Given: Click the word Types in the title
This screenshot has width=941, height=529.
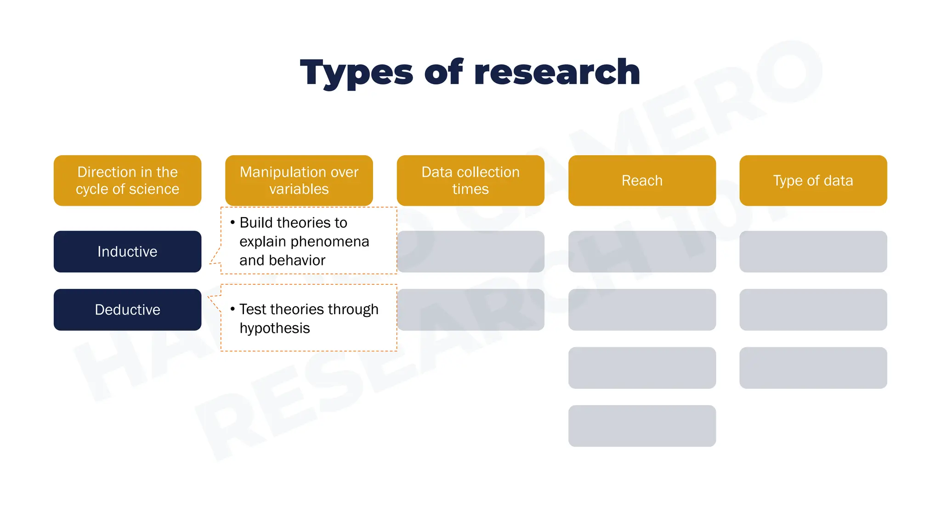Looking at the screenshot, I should coord(357,73).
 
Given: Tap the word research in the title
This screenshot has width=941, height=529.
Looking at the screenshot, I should coord(557,73).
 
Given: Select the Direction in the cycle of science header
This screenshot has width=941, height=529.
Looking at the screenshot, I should coord(127,180).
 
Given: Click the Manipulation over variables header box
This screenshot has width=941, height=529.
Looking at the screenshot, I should coord(299,180).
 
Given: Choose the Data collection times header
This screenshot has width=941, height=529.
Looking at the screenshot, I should coord(470,180).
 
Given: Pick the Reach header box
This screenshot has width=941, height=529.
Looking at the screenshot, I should coord(642,180).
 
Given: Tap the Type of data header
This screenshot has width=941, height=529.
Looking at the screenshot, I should coord(813,180).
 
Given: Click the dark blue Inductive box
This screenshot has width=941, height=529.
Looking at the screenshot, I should coord(127,252).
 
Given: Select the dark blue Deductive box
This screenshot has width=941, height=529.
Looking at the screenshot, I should coord(127,310).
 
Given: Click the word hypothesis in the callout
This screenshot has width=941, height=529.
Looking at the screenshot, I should coord(275,328).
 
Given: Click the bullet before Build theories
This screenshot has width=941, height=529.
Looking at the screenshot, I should coord(233,223).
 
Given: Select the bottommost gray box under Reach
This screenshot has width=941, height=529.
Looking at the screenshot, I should coord(642,426).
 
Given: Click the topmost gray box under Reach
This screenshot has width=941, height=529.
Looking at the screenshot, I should coord(642,252).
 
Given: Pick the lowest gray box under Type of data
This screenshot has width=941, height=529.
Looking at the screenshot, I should coord(813,368).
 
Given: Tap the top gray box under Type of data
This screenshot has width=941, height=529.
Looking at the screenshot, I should coord(813,252).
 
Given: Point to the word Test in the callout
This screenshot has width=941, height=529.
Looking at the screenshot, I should coord(252,310).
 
